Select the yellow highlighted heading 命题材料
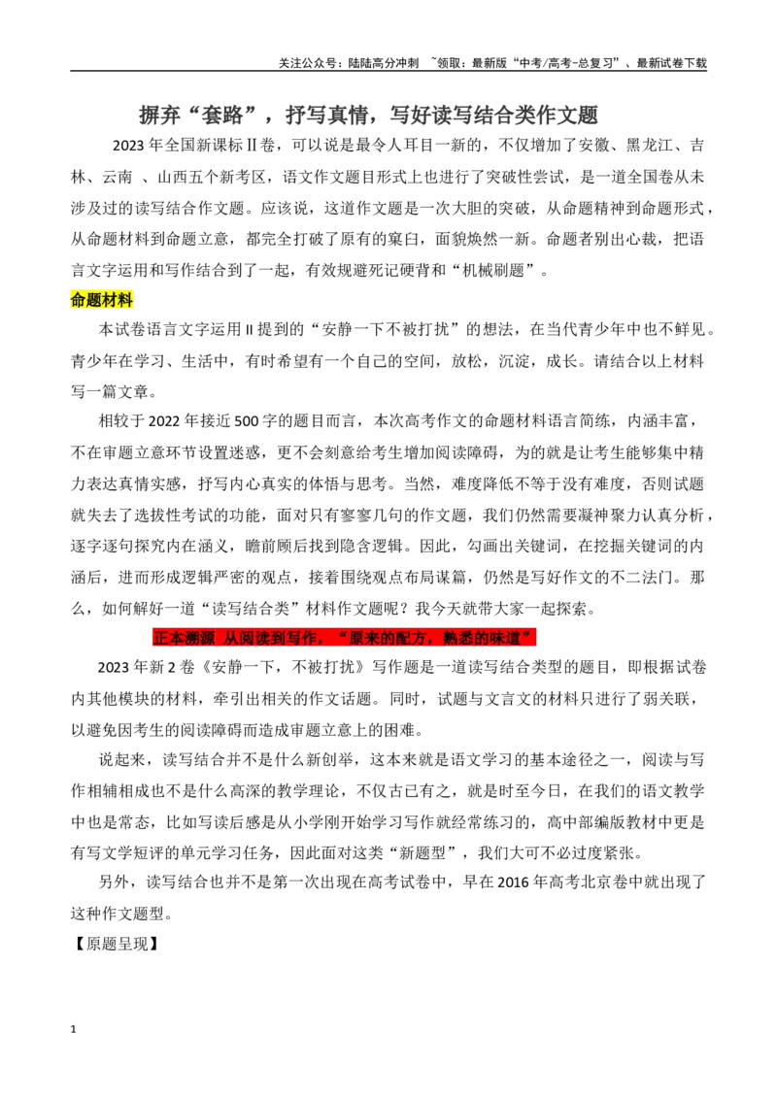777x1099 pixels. coord(102,300)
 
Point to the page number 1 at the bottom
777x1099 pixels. coord(73,1029)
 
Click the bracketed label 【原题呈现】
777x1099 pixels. coord(117,944)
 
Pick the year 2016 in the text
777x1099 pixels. coord(514,883)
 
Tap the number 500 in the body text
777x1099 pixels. coord(246,421)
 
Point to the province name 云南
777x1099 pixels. coord(118,178)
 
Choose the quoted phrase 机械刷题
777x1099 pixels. coord(493,271)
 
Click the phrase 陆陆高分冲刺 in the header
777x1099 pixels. coord(383,62)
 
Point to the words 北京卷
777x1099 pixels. coord(612,883)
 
